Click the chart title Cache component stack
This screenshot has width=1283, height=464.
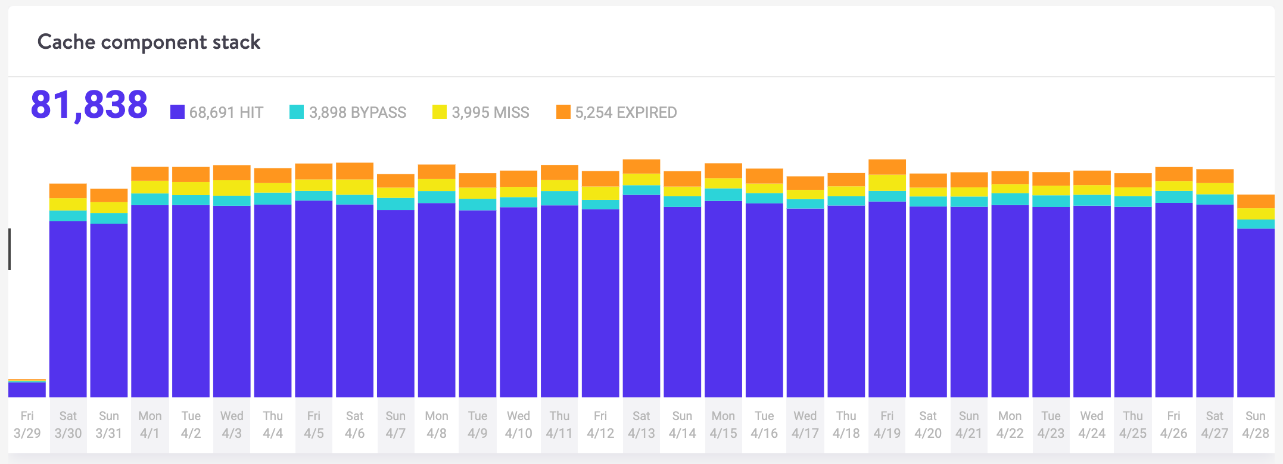tap(149, 42)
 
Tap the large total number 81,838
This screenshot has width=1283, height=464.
tap(89, 105)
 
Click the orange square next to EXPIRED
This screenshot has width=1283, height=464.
tap(563, 112)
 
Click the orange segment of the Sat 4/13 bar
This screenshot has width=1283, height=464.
tap(641, 167)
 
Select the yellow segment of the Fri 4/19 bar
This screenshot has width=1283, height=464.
tap(887, 183)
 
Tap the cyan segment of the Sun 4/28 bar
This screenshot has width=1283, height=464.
tap(1256, 224)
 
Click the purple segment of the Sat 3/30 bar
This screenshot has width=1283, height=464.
tap(68, 309)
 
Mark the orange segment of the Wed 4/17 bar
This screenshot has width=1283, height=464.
tap(805, 183)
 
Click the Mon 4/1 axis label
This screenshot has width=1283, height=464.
tap(150, 424)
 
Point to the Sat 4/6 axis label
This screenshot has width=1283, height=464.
tap(354, 424)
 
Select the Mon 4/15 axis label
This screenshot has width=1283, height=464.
tap(723, 424)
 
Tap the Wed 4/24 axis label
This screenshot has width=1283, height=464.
tap(1092, 424)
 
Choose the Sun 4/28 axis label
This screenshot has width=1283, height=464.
tap(1256, 424)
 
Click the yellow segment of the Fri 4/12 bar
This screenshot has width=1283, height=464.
tap(600, 193)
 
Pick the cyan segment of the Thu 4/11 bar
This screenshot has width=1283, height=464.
tap(559, 198)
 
